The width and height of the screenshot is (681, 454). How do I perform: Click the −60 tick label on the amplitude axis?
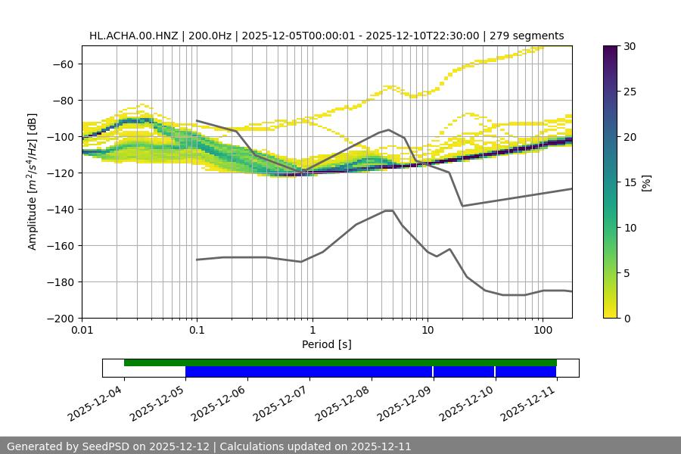(x=62, y=64)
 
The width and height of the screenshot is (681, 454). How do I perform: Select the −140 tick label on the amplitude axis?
(x=59, y=209)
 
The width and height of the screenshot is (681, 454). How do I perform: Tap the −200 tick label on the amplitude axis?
(x=59, y=318)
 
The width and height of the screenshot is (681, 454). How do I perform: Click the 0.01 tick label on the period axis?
(x=82, y=331)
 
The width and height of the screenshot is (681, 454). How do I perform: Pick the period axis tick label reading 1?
(x=313, y=331)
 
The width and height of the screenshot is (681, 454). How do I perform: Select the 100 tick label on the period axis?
(x=543, y=331)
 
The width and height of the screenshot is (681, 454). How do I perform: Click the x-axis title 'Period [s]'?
(x=327, y=344)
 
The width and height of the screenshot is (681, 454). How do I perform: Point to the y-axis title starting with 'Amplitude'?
(x=33, y=182)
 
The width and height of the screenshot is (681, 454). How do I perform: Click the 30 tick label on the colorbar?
(x=630, y=46)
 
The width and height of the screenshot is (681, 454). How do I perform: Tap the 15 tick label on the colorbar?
(x=630, y=182)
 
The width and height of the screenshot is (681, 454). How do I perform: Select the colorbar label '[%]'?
(x=647, y=182)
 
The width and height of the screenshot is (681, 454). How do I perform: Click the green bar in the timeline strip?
(x=340, y=362)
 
